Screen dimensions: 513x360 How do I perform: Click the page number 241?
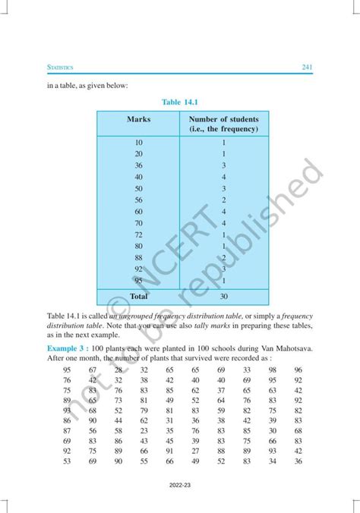click(x=307, y=68)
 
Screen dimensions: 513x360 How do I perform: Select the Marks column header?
click(x=139, y=120)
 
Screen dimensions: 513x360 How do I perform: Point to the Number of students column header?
click(x=224, y=124)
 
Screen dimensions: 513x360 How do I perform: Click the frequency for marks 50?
click(x=224, y=188)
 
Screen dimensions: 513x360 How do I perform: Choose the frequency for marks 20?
click(x=224, y=154)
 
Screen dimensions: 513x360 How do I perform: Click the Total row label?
click(x=138, y=296)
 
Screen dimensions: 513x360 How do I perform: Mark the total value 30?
click(x=224, y=297)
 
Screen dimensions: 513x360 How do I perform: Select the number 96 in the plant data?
click(x=298, y=370)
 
